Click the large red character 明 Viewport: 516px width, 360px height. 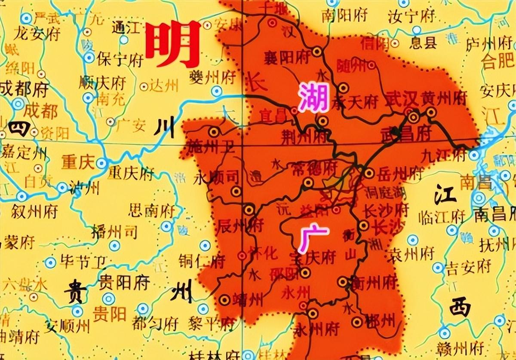point(174,44)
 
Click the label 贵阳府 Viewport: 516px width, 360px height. point(124,283)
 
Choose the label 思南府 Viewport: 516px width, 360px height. point(152,211)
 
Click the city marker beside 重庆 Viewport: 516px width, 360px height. point(101,163)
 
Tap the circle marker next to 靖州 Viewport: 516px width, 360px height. point(225,299)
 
